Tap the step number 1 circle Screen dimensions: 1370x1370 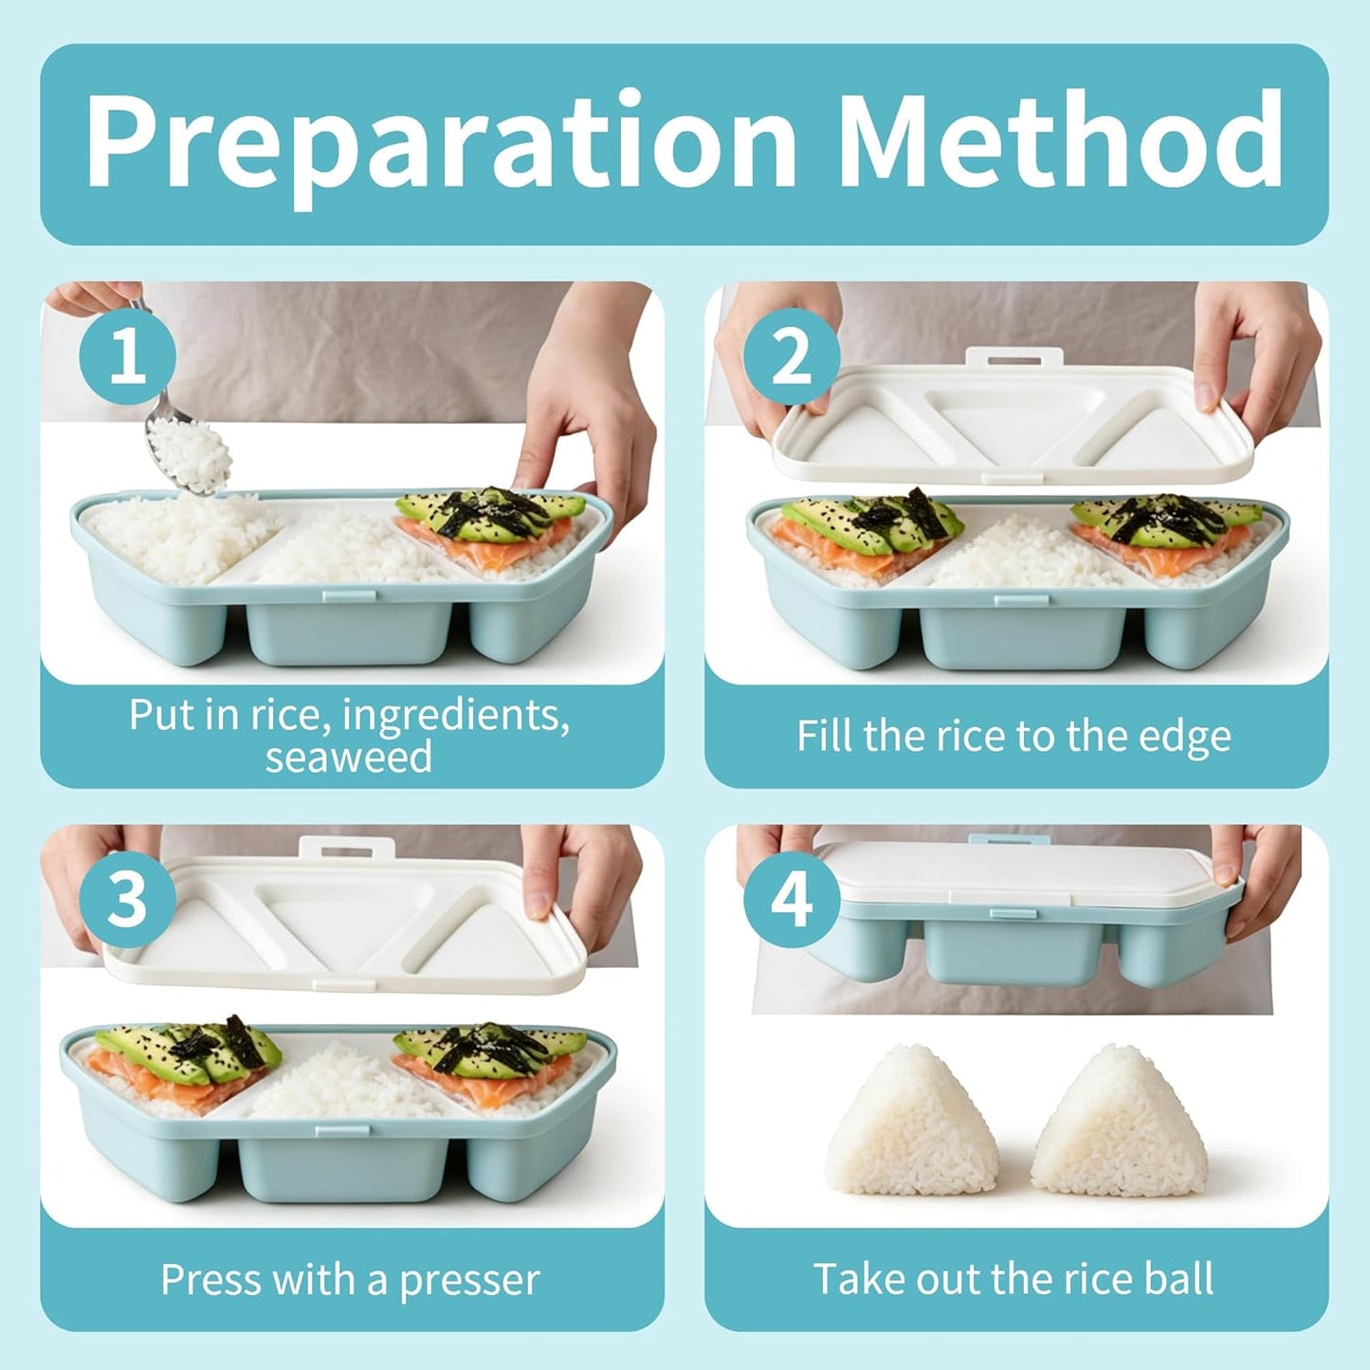click(x=128, y=356)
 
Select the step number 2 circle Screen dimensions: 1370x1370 click(x=792, y=356)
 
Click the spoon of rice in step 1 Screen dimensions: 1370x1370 click(x=186, y=448)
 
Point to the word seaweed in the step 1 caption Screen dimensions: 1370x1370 click(x=348, y=758)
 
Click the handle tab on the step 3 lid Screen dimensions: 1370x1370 click(x=347, y=849)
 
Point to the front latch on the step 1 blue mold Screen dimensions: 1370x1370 click(x=348, y=595)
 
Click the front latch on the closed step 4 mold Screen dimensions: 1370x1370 click(x=1013, y=913)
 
